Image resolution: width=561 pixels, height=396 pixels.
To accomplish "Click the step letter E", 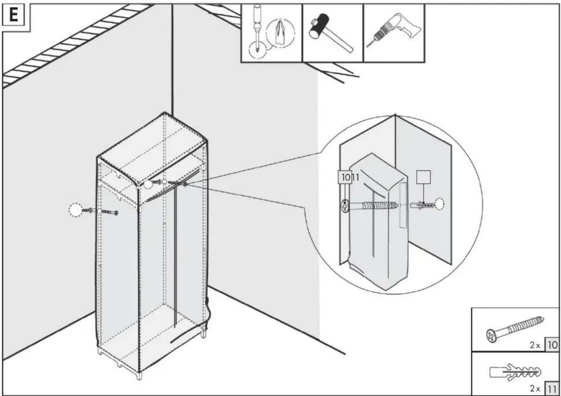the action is click(x=14, y=15).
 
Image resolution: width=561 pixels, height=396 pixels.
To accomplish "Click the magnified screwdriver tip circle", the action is click(x=280, y=33).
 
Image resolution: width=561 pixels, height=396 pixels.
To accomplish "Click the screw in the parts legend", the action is click(x=515, y=329).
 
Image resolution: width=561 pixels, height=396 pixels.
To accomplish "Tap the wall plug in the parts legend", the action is click(x=515, y=372).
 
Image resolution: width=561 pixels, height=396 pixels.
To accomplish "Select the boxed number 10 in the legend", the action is click(x=552, y=345).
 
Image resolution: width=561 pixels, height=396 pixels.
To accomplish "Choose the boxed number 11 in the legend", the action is click(x=552, y=389).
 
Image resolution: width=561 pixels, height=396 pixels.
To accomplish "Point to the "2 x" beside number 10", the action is click(x=535, y=345).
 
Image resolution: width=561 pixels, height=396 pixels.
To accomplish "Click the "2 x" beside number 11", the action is click(x=535, y=389).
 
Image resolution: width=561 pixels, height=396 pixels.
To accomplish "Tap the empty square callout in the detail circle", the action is click(x=424, y=177).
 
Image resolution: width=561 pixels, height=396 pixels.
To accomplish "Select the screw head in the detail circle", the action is click(x=345, y=206).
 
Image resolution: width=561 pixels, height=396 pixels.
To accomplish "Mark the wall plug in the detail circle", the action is click(x=423, y=205).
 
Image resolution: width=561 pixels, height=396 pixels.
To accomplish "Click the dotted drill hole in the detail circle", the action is click(x=439, y=204).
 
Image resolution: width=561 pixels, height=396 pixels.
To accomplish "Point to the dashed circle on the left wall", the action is click(x=76, y=210).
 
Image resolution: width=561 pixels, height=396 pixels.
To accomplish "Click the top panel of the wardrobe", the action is click(x=152, y=148).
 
